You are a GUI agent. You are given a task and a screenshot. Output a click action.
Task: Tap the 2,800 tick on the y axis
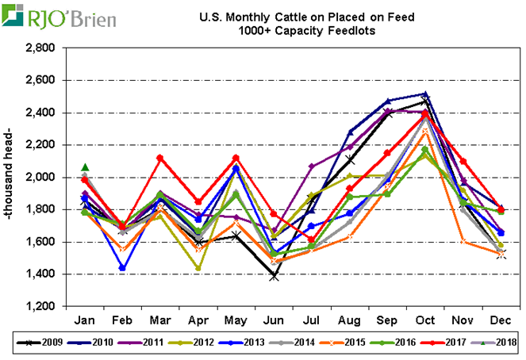point(40,48)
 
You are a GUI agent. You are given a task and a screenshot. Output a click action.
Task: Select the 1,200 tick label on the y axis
point(40,306)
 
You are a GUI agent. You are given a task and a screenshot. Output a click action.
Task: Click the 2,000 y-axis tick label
point(40,178)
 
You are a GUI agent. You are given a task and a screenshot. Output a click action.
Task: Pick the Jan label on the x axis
point(86,320)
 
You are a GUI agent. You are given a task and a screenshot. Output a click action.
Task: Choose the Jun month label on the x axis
point(274,320)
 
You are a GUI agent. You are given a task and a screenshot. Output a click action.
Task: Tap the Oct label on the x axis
point(426,320)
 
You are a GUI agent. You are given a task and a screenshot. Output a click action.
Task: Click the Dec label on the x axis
point(501,320)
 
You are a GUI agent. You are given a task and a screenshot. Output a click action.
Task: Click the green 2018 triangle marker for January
point(85,167)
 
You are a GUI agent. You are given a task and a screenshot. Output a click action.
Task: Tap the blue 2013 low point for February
point(123,268)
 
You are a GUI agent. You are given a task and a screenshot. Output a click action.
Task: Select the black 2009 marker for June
point(274,276)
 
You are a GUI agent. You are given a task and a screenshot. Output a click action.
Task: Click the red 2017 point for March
point(160,158)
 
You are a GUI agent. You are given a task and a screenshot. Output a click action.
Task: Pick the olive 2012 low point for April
point(198,268)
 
